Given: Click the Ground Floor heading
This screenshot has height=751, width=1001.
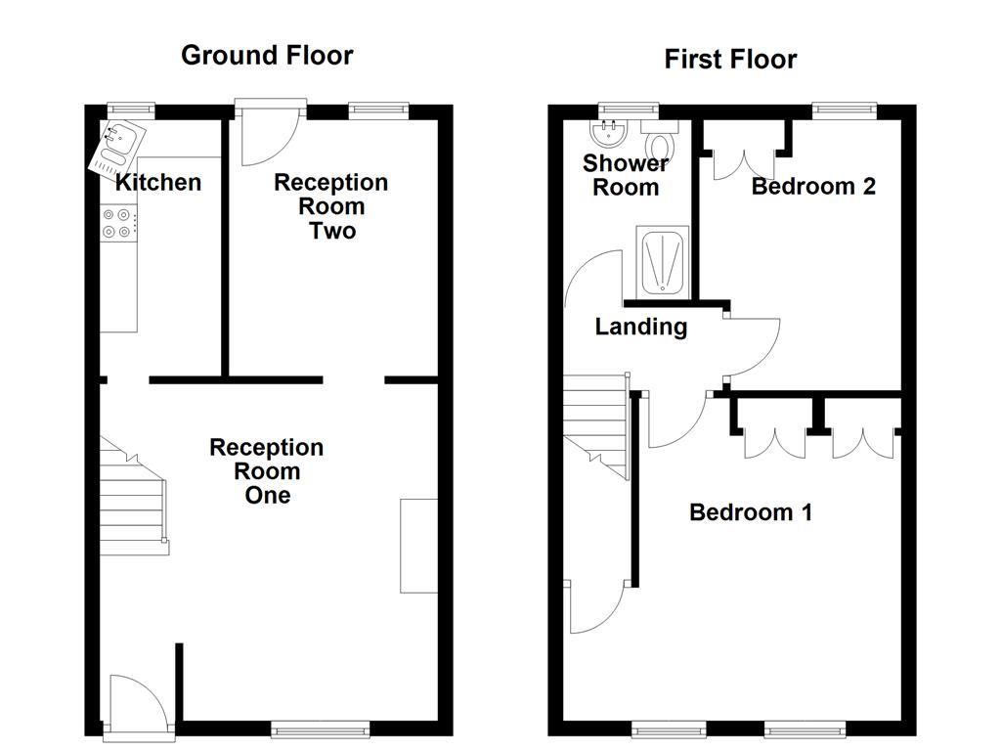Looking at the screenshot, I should click(267, 56).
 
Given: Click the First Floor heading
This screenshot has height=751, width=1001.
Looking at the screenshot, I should click(730, 60).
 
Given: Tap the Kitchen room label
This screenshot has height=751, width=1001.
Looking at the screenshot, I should click(158, 183).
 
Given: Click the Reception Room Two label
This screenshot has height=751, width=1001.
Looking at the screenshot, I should click(330, 206).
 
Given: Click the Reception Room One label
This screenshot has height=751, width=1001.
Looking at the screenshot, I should click(267, 471).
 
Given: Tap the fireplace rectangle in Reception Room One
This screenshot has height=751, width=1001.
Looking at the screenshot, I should click(419, 546).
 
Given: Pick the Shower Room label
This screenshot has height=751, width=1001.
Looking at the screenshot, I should click(626, 176).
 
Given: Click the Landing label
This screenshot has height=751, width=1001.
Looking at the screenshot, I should click(640, 328).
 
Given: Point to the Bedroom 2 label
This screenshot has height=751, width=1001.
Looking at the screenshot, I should click(812, 187).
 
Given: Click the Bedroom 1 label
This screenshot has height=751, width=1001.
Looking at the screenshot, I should click(751, 512).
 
